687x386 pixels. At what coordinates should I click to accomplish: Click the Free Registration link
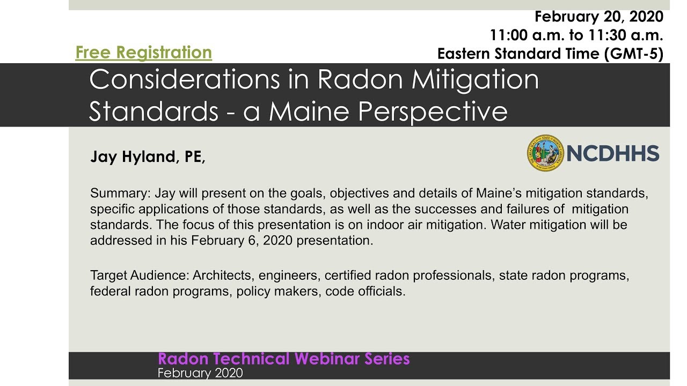point(143,53)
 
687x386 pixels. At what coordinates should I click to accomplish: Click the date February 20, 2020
point(598,17)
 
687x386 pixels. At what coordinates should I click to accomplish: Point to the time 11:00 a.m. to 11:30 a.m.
point(576,35)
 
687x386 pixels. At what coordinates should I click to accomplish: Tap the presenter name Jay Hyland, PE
point(147,157)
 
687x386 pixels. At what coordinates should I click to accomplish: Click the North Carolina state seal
point(545,153)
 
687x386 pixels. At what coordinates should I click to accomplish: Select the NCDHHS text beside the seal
point(612,154)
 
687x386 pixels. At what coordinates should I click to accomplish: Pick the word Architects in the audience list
point(224,276)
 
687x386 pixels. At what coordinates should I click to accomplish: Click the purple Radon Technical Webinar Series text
point(284,359)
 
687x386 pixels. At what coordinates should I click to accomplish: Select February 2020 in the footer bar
point(200,373)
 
